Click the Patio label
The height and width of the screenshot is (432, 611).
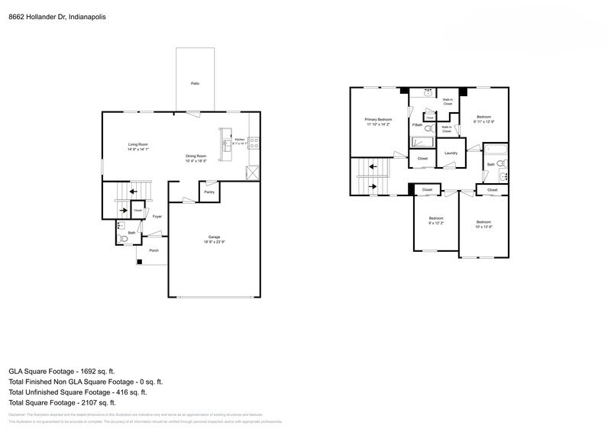pos(195,82)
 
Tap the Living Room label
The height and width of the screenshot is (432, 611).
pos(137,144)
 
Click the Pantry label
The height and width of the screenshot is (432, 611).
pos(209,192)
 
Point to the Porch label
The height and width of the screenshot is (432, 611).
pos(154,250)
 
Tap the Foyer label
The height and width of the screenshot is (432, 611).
pos(157,217)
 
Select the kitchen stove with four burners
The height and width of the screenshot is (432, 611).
pos(254,141)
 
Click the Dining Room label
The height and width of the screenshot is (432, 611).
pos(197,156)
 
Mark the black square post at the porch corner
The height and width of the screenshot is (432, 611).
pos(139,263)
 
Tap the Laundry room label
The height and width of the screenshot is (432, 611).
pos(451,153)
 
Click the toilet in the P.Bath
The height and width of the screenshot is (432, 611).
pos(428,129)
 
